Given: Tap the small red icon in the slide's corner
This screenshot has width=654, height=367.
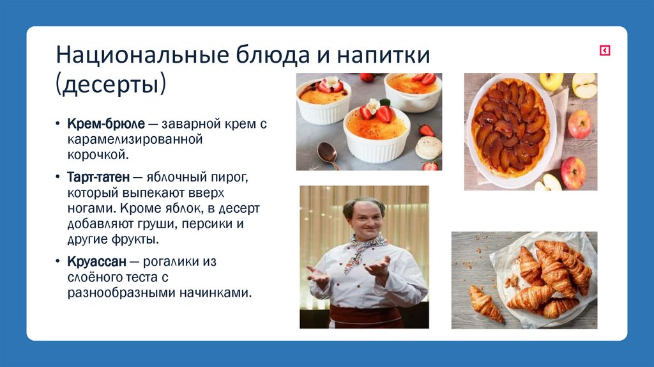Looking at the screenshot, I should [x=604, y=51].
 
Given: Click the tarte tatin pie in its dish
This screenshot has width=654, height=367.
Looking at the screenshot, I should [x=510, y=124].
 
